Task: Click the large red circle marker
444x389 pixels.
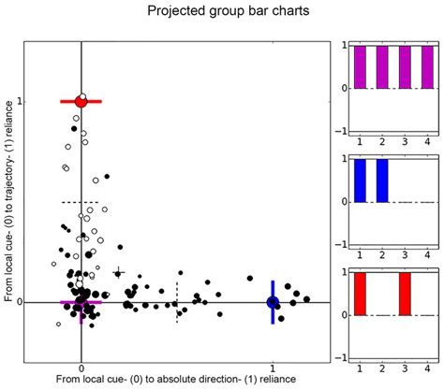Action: pos(81,101)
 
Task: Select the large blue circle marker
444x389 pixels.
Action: pos(273,302)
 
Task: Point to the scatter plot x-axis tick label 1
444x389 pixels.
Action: pos(273,367)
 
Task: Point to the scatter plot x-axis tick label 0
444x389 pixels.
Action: pos(81,367)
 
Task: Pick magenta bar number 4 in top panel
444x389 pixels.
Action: pos(422,66)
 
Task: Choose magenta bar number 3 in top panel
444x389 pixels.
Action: pos(402,66)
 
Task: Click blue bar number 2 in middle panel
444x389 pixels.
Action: pos(382,180)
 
